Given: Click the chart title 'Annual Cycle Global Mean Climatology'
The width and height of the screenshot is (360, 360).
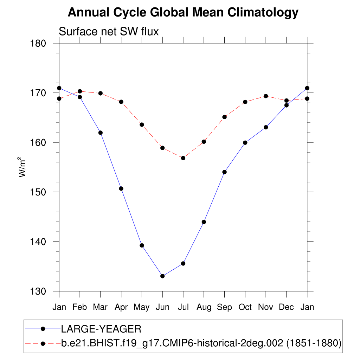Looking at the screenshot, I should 183,13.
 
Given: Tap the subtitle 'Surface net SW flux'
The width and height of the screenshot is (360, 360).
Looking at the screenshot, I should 109,32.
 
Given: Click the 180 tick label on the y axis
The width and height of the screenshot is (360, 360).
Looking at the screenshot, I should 39,44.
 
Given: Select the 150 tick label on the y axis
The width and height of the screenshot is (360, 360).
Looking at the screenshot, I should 39,192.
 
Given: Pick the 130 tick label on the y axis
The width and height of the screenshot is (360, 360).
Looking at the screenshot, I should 39,291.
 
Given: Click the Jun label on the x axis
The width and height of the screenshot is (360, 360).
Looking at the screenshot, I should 162,307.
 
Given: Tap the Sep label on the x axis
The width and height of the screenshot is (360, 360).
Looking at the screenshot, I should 224,307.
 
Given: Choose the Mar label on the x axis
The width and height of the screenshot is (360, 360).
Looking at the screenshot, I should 100,307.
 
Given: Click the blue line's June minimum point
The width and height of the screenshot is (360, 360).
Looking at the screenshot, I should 162,276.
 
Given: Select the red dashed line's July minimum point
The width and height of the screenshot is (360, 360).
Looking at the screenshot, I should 183,158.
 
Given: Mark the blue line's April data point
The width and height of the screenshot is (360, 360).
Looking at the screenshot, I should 121,188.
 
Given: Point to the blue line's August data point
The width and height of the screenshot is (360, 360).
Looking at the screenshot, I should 204,222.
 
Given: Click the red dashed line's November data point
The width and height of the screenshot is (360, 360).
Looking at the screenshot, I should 266,96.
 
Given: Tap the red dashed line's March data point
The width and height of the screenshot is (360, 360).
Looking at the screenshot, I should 101,93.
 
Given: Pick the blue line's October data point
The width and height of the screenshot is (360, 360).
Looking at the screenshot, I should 245,142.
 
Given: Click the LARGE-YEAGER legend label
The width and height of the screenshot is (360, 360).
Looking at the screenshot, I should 101,329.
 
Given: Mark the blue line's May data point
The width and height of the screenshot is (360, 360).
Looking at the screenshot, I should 142,245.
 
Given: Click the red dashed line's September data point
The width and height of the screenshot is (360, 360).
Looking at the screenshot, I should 225,117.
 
